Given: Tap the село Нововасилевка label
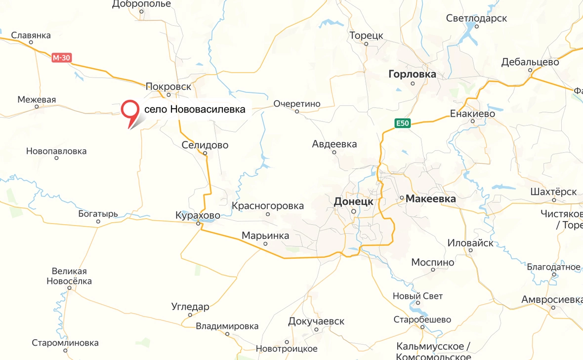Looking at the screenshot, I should [x=194, y=110].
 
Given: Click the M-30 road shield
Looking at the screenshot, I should [x=62, y=58].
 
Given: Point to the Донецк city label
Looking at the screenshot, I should [x=353, y=201].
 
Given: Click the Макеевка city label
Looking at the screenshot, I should [x=430, y=199].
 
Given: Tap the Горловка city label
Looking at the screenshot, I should [x=413, y=75].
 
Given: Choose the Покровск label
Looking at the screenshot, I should [x=168, y=86].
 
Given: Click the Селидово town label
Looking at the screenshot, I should [x=205, y=145].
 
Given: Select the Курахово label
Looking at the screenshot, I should [x=198, y=216].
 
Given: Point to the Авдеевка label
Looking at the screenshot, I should [x=334, y=144].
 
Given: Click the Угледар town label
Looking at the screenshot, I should [x=190, y=307].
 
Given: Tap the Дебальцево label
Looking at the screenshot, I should [x=530, y=62].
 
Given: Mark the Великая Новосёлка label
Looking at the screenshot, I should [x=69, y=276].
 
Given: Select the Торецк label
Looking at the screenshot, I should [x=366, y=36].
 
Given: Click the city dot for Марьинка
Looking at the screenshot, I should [x=265, y=244].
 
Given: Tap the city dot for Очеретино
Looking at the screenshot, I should [x=297, y=112].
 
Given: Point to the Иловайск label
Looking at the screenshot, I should [x=470, y=243].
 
